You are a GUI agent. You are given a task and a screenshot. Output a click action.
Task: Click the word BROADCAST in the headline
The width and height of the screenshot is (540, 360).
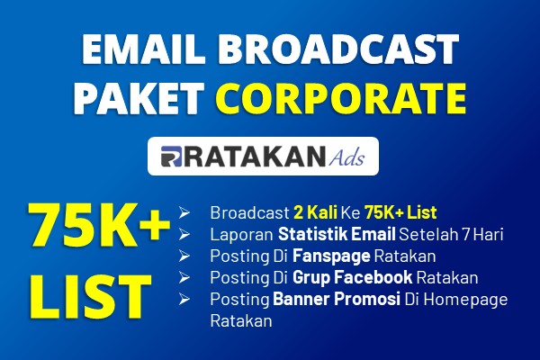point(338,49)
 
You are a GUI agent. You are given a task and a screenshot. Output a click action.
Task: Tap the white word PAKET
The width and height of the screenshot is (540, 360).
point(139,98)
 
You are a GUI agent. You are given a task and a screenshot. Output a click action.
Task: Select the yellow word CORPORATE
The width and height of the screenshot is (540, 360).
point(341,98)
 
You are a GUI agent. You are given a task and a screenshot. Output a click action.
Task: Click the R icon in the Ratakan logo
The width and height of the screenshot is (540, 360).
point(171,157)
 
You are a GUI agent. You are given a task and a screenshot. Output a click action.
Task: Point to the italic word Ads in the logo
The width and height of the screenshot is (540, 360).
point(346,157)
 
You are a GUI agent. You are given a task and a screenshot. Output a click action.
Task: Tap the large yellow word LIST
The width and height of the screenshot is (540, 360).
point(90,297)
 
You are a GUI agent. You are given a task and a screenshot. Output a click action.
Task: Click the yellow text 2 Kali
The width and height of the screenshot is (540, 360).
point(316,212)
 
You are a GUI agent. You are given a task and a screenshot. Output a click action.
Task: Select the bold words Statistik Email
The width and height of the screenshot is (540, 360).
point(337,234)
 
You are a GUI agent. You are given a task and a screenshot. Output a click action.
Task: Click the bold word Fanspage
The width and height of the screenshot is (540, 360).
point(331,256)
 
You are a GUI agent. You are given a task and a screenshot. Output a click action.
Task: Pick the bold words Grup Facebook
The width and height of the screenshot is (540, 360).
point(352,277)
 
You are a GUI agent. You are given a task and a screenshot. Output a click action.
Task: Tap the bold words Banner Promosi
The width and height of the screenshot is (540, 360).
point(337,299)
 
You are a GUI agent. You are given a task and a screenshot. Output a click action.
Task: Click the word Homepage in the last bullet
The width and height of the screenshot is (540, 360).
point(465,300)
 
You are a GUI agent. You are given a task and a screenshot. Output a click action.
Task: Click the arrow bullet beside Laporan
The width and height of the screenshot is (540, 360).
point(184,235)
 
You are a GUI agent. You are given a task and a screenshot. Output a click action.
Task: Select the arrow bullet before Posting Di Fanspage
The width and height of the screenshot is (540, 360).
point(184,256)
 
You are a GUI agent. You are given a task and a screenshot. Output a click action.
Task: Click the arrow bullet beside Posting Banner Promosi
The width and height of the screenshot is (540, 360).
point(184,299)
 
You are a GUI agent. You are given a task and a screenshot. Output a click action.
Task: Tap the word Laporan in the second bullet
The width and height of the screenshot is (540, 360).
point(242,235)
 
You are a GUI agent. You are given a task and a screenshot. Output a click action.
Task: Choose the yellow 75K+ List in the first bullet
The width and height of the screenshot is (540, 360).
point(400,212)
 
